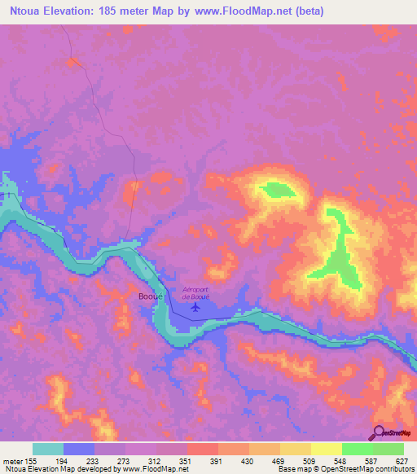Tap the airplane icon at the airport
pyautogui.click(x=195, y=307)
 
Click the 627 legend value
pyautogui.click(x=402, y=460)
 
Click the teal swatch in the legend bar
pyautogui.click(x=48, y=449)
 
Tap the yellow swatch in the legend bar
pyautogui.click(x=327, y=449)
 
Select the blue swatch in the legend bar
pyautogui.click(x=79, y=449)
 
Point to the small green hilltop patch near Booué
pyautogui.click(x=276, y=191)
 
